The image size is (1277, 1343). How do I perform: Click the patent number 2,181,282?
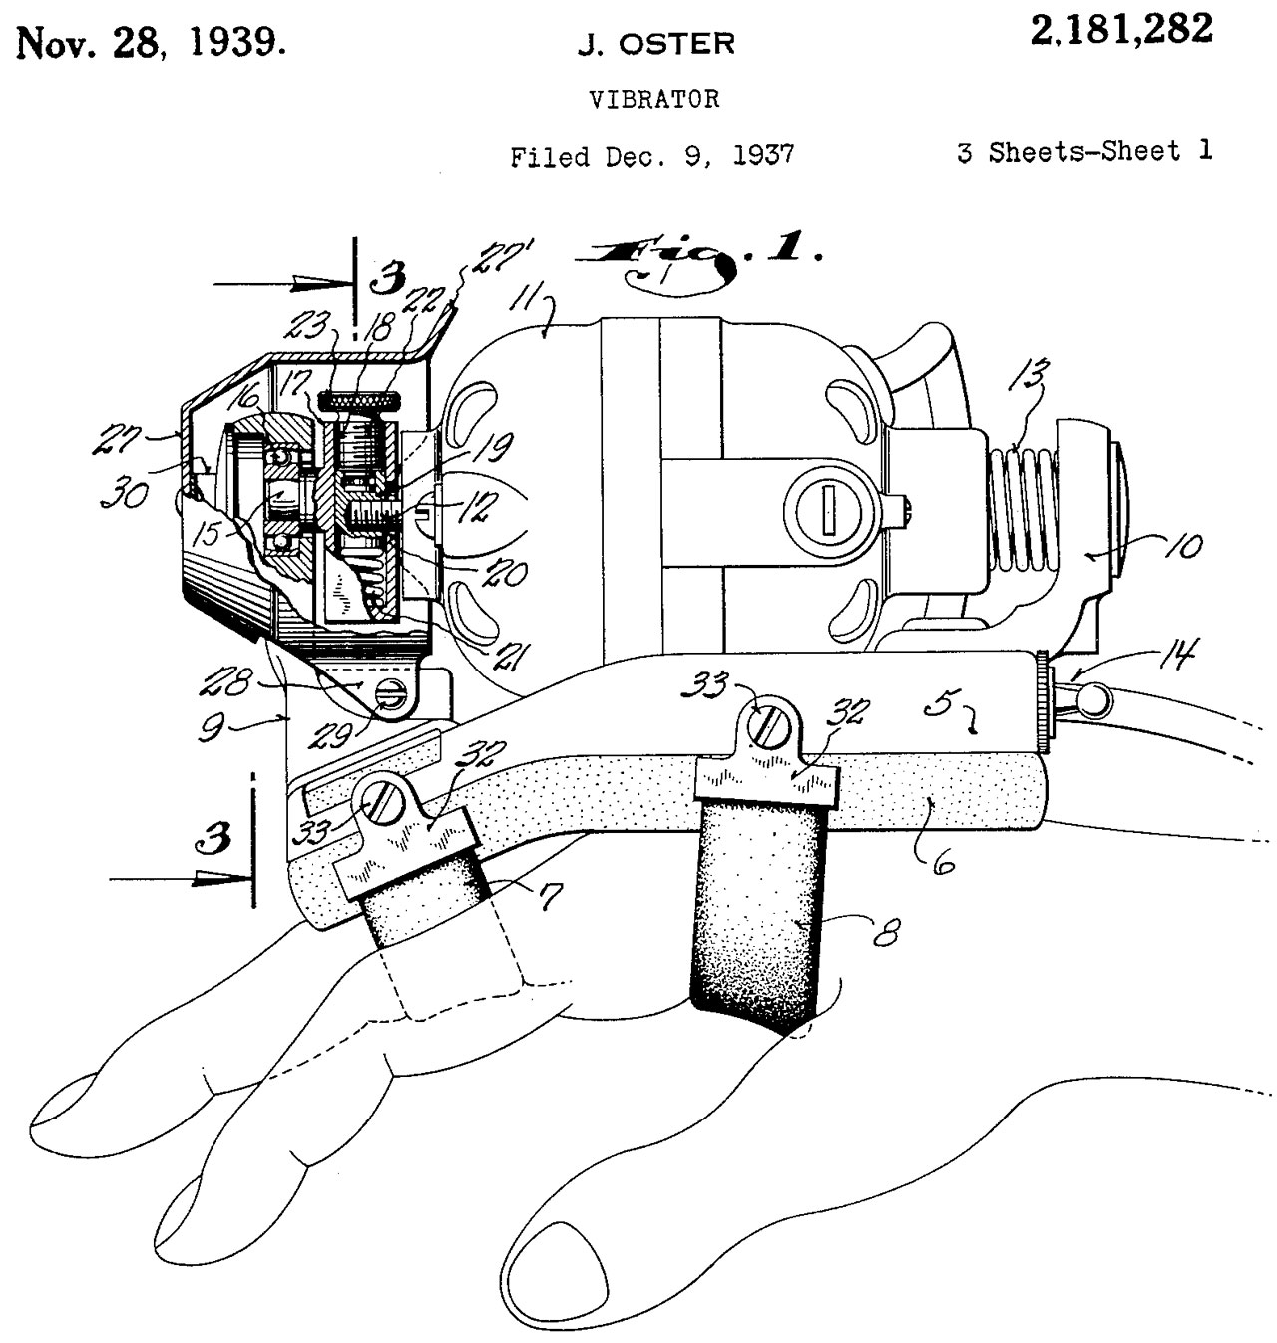[x=1123, y=30]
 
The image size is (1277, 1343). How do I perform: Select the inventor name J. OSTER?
[x=655, y=44]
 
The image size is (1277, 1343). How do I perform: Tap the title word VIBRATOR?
[x=654, y=99]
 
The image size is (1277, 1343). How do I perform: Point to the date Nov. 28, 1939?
[x=152, y=42]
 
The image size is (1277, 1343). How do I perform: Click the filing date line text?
[x=652, y=156]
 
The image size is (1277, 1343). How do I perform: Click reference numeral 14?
[x=1178, y=656]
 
